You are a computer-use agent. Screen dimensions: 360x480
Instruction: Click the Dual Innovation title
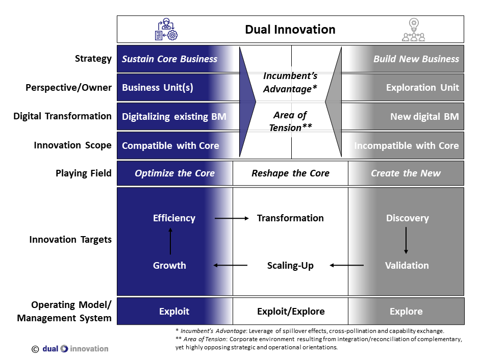click(290, 30)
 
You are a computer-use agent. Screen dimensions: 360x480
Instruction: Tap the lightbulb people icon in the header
click(413, 30)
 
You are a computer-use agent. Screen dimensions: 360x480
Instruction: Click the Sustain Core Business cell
click(170, 59)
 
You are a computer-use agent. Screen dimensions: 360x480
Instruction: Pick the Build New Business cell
click(416, 59)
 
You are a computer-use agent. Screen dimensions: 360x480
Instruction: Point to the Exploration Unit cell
click(422, 88)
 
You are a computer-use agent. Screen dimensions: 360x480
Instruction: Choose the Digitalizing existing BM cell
click(174, 117)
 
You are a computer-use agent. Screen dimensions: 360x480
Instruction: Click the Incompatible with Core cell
click(407, 146)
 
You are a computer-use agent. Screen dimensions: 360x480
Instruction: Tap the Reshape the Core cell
click(290, 173)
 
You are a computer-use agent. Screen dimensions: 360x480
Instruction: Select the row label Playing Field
click(83, 173)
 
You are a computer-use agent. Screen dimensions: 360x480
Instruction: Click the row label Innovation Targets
click(70, 240)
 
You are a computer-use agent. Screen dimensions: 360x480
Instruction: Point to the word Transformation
click(290, 218)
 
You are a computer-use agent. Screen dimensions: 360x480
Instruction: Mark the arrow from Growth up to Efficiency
click(170, 241)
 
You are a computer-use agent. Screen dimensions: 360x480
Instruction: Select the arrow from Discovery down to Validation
click(406, 241)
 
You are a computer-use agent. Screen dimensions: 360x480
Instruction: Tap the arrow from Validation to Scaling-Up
click(346, 265)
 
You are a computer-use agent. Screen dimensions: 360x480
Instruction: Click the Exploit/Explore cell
click(290, 312)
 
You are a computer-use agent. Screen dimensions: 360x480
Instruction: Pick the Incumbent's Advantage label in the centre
click(290, 83)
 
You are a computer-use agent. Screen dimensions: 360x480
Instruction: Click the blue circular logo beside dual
click(64, 349)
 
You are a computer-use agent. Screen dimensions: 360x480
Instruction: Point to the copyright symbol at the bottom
click(35, 349)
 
